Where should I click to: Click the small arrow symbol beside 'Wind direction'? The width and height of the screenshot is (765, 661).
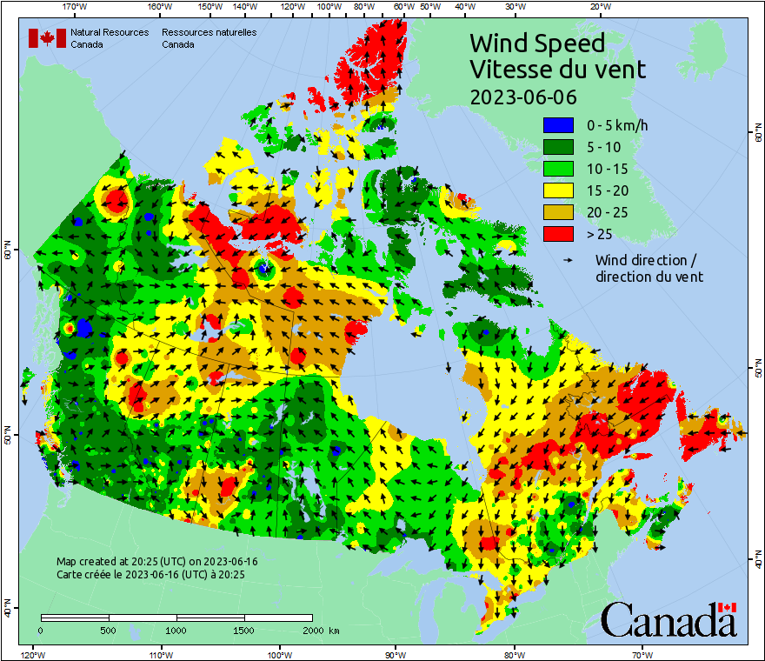coord(569,260)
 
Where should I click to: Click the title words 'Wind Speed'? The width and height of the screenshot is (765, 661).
coord(537,43)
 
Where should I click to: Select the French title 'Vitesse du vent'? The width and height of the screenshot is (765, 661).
coord(557,69)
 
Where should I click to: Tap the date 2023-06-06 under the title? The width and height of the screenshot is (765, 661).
coord(522,97)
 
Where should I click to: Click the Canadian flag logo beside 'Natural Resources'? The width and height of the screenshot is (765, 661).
coord(47,38)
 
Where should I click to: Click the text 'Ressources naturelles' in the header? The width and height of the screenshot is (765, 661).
coord(209,32)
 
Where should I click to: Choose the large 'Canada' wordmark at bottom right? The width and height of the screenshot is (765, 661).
coord(669,619)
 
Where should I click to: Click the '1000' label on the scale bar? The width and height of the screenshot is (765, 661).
coord(176,629)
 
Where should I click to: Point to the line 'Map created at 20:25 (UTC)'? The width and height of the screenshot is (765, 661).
coord(156,562)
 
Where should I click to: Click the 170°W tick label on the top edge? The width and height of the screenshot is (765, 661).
coord(76,7)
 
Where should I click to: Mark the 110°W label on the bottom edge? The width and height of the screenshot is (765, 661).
coord(160,654)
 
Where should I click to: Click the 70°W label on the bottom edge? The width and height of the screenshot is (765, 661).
coord(642,654)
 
